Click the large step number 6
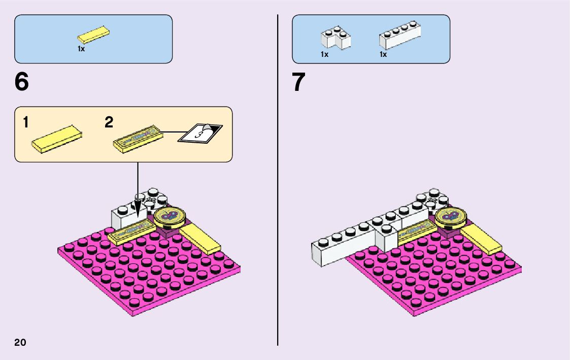tap(22, 82)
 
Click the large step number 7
tap(299, 82)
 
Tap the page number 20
tap(20, 342)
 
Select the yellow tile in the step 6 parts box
tap(94, 35)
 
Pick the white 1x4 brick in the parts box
tap(400, 37)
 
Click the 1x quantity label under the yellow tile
tap(81, 49)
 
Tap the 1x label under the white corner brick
tap(324, 54)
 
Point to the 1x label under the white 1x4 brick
tap(383, 54)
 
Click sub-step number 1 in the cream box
tap(26, 122)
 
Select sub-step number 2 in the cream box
tap(109, 122)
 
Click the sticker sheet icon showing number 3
tap(200, 134)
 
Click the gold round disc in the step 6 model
tap(170, 216)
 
